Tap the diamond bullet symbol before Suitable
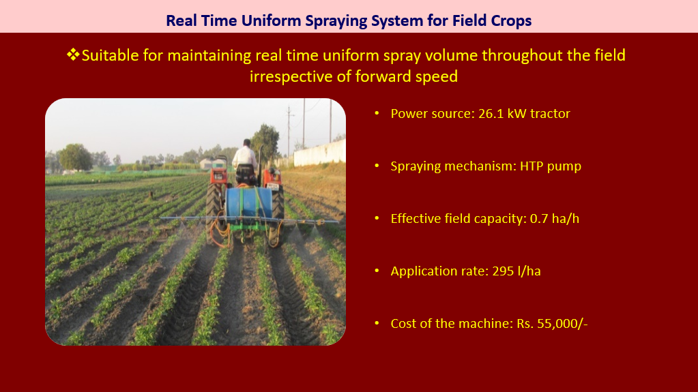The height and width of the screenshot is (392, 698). (x=73, y=55)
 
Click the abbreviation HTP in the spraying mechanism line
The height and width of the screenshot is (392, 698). (x=532, y=166)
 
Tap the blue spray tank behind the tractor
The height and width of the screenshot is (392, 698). (x=249, y=202)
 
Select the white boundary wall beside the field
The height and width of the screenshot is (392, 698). (x=319, y=153)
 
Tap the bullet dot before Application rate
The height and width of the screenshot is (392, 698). (x=377, y=271)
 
